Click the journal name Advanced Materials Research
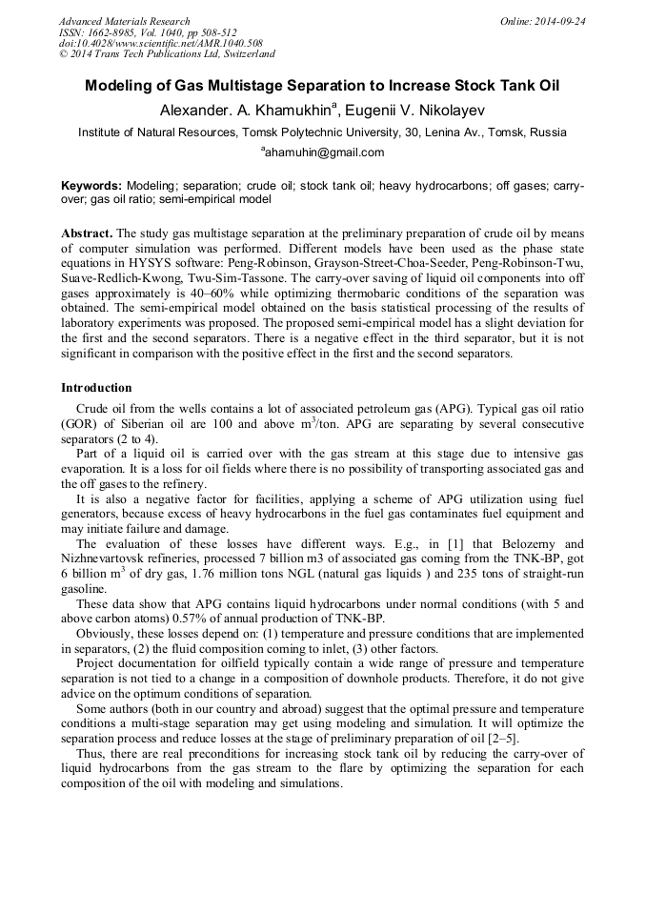click(x=125, y=21)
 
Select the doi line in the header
click(x=147, y=43)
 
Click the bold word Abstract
click(x=87, y=234)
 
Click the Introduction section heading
click(x=96, y=388)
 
